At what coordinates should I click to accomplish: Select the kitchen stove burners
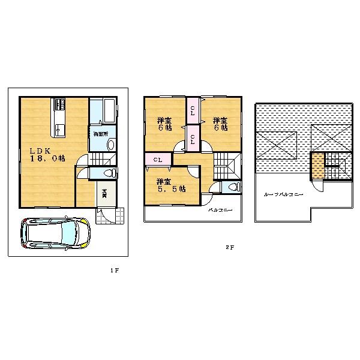tap(61, 105)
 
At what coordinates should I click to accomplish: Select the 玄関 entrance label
tap(104, 194)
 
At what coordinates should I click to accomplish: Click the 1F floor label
tap(115, 271)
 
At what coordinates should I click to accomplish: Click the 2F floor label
tap(229, 247)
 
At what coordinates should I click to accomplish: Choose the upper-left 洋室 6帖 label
tap(164, 124)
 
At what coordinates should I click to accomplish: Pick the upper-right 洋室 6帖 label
tap(219, 124)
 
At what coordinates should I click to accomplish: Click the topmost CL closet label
tap(192, 110)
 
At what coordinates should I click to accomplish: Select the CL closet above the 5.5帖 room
tap(157, 160)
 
